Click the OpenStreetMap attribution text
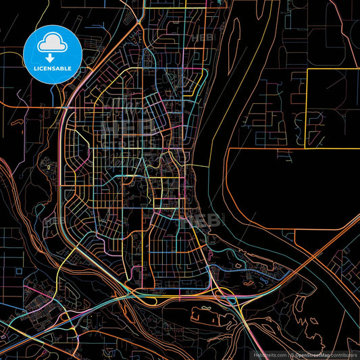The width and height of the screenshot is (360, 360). (x=315, y=353)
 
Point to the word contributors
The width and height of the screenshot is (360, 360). (x=345, y=353)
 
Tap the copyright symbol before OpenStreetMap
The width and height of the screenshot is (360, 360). (x=292, y=353)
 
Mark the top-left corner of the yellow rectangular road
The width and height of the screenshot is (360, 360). (x=307, y=69)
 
